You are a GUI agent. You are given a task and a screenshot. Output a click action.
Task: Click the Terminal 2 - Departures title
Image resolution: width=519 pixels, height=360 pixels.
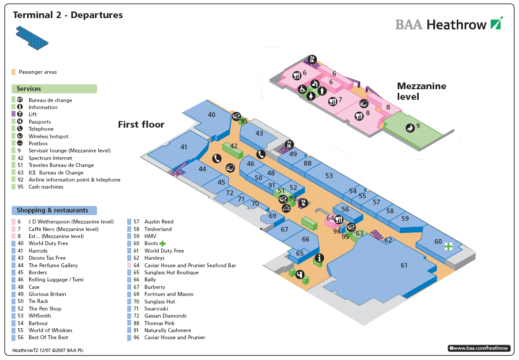click(x=68, y=15)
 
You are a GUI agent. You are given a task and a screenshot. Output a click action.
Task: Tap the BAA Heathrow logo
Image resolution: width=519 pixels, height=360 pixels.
click(x=449, y=24)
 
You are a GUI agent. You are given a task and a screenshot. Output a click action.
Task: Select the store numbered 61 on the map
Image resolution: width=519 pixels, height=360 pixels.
click(x=404, y=265)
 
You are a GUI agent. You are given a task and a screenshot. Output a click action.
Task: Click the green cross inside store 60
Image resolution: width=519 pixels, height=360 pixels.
click(x=449, y=246)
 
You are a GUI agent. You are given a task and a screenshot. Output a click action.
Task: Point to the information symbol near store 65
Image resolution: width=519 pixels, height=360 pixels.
click(x=318, y=258)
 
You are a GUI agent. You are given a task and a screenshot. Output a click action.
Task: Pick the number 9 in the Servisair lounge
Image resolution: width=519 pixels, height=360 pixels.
click(x=418, y=125)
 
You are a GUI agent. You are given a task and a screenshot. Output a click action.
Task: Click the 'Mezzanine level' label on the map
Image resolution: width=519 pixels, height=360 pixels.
click(x=421, y=91)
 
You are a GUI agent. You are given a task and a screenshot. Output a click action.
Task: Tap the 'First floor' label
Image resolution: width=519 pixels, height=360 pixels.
click(x=141, y=125)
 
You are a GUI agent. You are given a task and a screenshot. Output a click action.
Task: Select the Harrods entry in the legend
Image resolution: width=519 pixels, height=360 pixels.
click(x=38, y=251)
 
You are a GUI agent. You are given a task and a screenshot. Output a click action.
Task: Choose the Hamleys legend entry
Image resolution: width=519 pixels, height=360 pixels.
click(x=154, y=258)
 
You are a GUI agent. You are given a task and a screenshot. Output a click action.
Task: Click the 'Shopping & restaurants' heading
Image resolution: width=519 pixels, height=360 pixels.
click(x=53, y=211)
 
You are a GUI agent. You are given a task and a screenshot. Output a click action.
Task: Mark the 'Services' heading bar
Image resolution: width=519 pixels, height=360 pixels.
click(x=53, y=89)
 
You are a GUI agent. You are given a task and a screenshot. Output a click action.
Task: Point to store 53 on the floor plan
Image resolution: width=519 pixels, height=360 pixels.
click(x=329, y=176)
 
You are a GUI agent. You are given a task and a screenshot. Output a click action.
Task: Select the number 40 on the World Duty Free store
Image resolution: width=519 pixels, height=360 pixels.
click(x=212, y=115)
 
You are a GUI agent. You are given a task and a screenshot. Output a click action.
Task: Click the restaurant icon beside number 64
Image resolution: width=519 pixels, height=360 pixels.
click(x=339, y=219)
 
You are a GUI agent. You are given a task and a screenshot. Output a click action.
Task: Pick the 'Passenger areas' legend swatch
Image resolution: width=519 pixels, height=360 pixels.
click(x=14, y=72)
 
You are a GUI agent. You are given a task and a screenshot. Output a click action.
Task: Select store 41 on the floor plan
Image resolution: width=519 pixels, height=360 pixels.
click(x=184, y=147)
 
